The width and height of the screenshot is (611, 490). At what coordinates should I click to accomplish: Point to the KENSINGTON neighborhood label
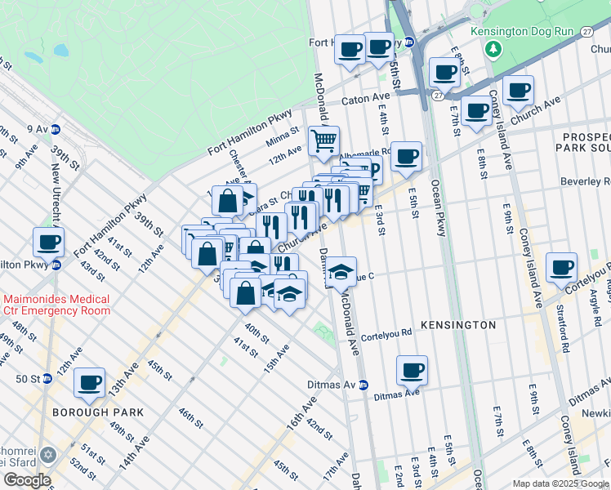click(457, 325)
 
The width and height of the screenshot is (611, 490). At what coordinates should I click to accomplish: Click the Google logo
click(27, 480)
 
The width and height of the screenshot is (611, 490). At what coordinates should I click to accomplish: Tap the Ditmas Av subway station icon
click(363, 385)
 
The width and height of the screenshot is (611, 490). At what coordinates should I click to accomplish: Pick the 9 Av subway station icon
click(56, 129)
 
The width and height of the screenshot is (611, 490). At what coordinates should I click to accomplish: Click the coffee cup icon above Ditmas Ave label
click(412, 370)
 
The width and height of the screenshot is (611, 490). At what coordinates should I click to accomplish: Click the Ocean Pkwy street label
click(438, 208)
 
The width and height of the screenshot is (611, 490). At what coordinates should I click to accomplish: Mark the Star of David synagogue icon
click(47, 455)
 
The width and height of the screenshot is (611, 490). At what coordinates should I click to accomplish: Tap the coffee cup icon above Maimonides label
click(48, 241)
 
